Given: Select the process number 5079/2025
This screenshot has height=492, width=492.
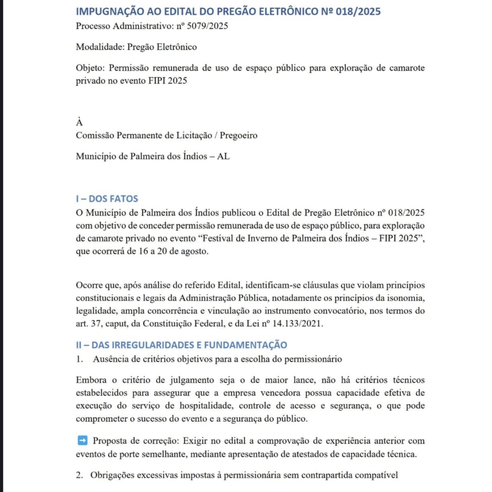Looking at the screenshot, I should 207,26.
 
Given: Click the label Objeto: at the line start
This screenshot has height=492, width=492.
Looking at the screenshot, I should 90,68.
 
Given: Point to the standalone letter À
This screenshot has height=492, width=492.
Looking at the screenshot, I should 79,122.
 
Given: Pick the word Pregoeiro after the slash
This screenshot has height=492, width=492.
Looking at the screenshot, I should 238,136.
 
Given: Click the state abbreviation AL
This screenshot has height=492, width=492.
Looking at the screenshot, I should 223,157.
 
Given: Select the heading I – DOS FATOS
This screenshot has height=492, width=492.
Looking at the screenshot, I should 107,199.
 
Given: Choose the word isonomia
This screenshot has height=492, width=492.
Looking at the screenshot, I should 404,298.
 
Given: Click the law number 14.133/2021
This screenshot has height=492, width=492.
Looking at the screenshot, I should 297,324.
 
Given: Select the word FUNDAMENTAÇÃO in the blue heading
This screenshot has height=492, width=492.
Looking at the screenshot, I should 246,345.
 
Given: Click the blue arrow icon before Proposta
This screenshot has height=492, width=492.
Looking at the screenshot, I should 83,440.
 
